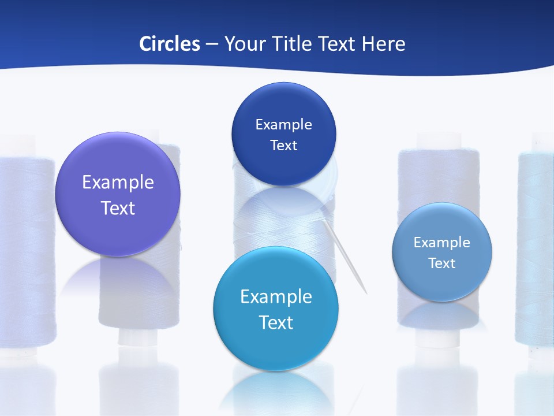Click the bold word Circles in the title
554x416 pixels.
click(170, 44)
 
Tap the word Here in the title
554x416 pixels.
click(383, 44)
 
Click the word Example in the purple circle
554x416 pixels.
click(118, 183)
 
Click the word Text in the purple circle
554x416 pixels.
click(118, 208)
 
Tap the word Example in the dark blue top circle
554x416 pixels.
click(283, 125)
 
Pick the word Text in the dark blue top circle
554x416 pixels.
click(283, 146)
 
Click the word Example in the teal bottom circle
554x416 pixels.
click(276, 297)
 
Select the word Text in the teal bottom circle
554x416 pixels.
click(276, 322)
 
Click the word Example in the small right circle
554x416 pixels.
click(441, 243)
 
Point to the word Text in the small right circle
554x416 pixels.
click(441, 263)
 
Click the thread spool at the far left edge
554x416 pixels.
click(23, 248)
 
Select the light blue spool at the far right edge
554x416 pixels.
click(537, 248)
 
